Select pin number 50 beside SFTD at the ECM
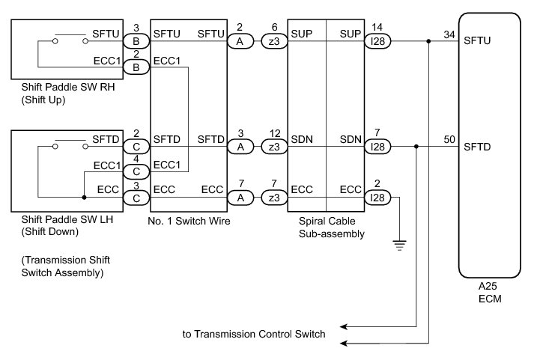click(449, 139)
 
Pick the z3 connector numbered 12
click(276, 147)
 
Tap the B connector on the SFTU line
click(136, 42)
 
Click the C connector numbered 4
click(136, 173)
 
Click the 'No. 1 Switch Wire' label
click(189, 222)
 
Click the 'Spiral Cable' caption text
click(325, 222)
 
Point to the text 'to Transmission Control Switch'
click(254, 334)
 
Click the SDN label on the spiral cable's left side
click(301, 139)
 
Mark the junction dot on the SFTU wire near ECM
click(428, 42)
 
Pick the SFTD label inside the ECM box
click(478, 147)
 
